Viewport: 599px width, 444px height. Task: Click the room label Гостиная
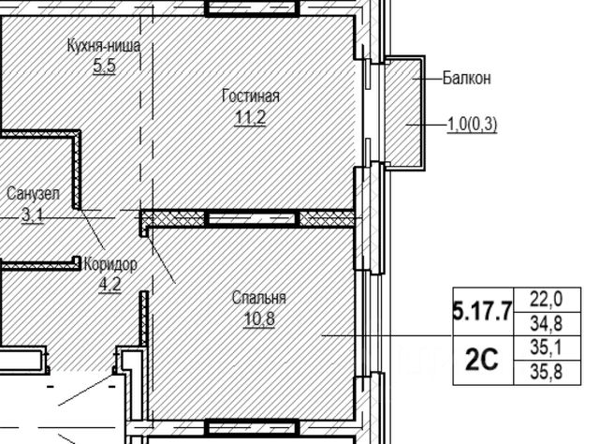[x=251, y=96]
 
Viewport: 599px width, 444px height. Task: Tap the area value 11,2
[x=250, y=117]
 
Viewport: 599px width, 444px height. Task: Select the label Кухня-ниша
[x=104, y=46]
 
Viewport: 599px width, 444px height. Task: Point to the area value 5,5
[x=104, y=67]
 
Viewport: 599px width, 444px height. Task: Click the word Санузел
[x=34, y=194]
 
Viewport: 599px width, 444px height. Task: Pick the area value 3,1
[x=33, y=215]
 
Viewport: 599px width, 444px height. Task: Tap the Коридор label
[x=110, y=264]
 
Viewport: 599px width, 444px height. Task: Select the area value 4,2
[x=110, y=285]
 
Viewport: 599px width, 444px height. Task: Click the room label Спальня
[x=259, y=298]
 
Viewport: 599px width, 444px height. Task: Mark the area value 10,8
[x=259, y=318]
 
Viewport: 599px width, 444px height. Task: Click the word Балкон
[x=467, y=78]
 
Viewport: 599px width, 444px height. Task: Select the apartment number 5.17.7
[x=483, y=312]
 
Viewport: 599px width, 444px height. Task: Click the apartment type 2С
[x=482, y=361]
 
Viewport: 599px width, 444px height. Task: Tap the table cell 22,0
[x=547, y=300]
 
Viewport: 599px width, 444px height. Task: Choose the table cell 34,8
[x=547, y=324]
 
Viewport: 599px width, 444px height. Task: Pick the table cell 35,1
[x=547, y=348]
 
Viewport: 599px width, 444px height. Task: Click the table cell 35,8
[x=547, y=372]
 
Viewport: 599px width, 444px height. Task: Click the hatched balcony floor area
[x=402, y=112]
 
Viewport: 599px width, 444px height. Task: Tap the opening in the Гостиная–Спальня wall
[x=251, y=219]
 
